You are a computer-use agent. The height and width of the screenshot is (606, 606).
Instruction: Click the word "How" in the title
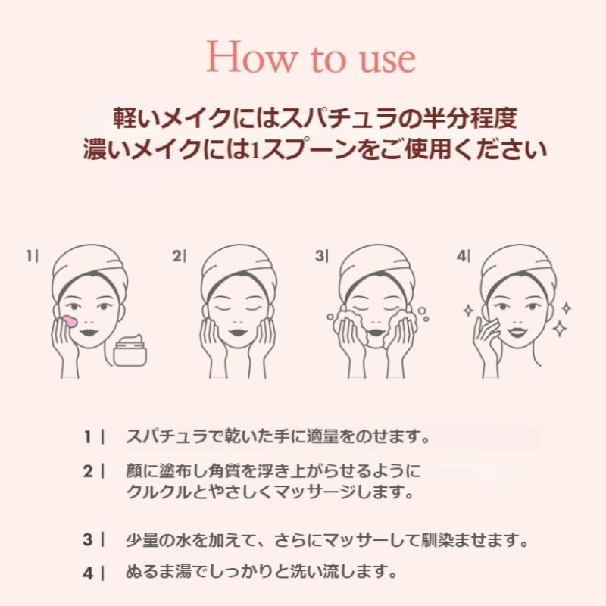(252, 58)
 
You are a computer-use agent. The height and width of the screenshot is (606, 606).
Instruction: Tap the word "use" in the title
(388, 61)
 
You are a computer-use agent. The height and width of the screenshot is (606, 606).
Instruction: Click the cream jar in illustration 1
(130, 351)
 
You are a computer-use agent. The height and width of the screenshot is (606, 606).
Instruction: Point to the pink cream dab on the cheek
(70, 321)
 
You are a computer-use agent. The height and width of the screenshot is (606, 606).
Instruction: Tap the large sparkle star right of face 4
(560, 329)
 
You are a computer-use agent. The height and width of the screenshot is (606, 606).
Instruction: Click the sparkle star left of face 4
(468, 311)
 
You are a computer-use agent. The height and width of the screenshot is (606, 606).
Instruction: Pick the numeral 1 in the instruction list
(88, 437)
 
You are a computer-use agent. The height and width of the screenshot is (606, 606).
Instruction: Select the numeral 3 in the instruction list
(88, 539)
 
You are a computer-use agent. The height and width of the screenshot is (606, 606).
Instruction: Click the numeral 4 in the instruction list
(88, 573)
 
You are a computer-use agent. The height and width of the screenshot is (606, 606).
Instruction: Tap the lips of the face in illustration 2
(238, 333)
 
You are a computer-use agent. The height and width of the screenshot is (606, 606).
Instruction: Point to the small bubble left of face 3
(330, 317)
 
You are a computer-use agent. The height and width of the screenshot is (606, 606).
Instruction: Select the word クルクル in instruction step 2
(159, 492)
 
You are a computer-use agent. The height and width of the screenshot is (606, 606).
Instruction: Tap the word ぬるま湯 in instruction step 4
(158, 573)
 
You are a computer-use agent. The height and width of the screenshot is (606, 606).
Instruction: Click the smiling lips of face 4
(519, 332)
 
